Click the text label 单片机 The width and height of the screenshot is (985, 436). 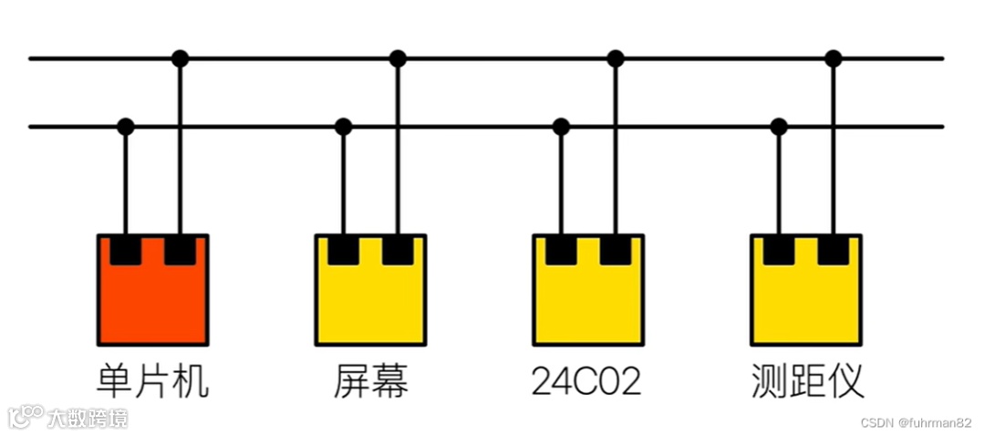point(153,381)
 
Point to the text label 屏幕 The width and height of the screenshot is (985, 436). point(371,381)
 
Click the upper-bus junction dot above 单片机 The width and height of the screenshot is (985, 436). point(181,58)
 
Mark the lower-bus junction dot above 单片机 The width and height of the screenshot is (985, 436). point(126,127)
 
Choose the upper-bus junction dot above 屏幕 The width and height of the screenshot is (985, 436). point(398,58)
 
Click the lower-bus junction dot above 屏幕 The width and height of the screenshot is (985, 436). point(343,127)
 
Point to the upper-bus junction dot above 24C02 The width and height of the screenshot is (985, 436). point(616,58)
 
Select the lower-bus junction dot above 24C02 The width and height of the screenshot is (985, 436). point(561,127)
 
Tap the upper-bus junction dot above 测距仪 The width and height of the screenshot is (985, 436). point(833,58)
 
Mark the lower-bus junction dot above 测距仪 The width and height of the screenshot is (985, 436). point(778,127)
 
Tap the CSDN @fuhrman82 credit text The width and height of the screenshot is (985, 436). point(917,423)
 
